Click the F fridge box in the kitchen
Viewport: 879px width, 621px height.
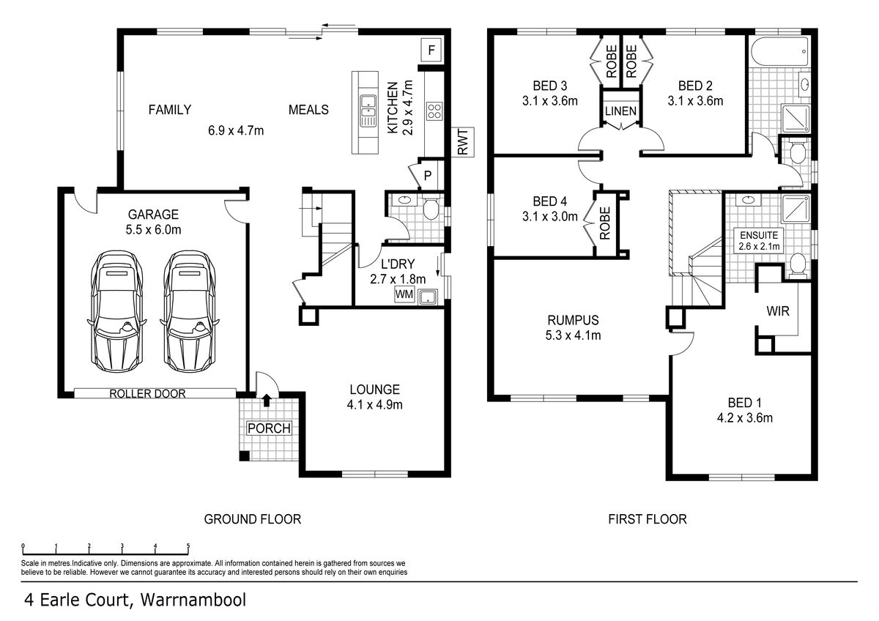(x=431, y=51)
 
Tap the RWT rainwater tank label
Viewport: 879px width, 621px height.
(x=463, y=142)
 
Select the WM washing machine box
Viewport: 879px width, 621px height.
(x=404, y=294)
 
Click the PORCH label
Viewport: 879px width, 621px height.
(x=270, y=428)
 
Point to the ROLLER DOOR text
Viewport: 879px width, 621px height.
(x=147, y=393)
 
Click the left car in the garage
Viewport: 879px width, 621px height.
(x=116, y=311)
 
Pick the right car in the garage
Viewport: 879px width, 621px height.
(x=190, y=311)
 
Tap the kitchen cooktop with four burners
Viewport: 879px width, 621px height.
(x=434, y=111)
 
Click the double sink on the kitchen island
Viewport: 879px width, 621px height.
(x=367, y=111)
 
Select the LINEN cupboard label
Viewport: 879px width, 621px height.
(x=621, y=111)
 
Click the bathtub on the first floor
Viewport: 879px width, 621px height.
(x=779, y=51)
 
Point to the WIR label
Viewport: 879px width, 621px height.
(x=778, y=311)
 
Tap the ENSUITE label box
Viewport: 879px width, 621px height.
(x=759, y=240)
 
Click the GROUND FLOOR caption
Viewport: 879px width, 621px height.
(x=252, y=519)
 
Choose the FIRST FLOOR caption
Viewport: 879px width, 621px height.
(x=648, y=519)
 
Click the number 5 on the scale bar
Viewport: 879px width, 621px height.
(x=188, y=546)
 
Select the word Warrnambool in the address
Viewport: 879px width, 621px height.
(x=193, y=600)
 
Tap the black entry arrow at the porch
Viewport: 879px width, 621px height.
(x=267, y=400)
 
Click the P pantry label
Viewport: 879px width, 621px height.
(x=428, y=175)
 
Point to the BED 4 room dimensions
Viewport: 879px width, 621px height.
(x=550, y=216)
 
